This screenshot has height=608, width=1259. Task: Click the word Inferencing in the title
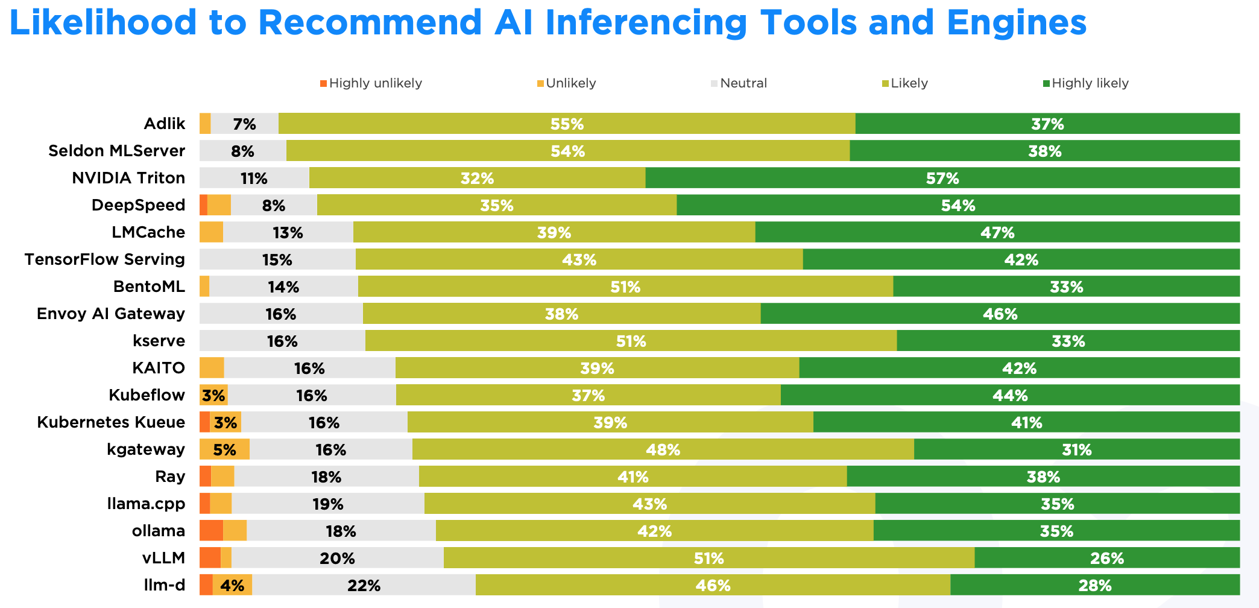pos(645,23)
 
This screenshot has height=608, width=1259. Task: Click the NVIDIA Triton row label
pos(128,178)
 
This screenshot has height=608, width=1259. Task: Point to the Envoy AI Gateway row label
pos(111,314)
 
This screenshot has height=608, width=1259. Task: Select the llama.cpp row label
pos(146,504)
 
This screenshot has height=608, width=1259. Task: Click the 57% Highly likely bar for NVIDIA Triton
pos(942,178)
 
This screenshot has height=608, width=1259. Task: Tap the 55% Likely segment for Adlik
pos(567,124)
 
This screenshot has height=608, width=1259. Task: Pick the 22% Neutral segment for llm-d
pos(364,585)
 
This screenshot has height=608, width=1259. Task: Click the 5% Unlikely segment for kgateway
pos(224,449)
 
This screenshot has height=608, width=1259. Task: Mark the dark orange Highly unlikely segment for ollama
pos(211,531)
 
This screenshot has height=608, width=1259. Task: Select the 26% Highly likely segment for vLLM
pos(1107,558)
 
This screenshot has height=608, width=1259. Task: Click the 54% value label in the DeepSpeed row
pos(958,206)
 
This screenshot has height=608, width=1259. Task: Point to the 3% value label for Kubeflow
pos(213,396)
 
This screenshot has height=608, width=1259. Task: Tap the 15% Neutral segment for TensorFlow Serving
pos(277,259)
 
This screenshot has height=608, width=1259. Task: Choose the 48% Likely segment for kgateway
pos(663,449)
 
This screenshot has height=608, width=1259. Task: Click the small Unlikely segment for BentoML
pos(204,287)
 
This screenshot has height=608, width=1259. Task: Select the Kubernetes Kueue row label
pos(111,422)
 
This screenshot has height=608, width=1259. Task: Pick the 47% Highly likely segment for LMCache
pos(997,232)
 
